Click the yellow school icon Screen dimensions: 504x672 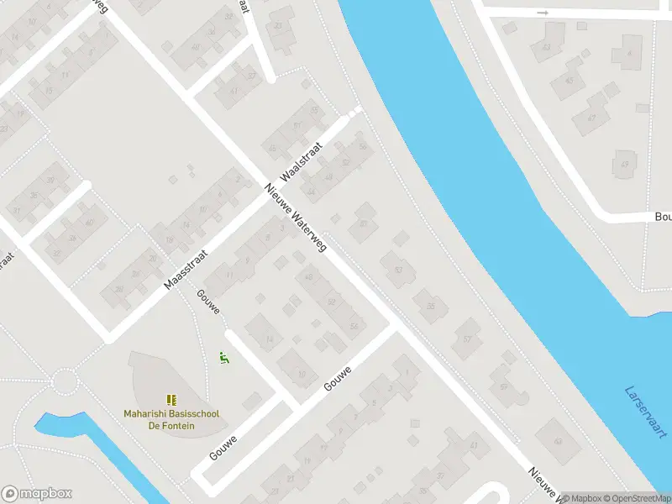171,400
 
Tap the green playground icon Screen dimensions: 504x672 224,358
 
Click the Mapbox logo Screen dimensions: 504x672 36,494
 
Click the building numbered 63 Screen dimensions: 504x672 558,440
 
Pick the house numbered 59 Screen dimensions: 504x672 504,387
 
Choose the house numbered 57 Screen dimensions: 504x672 467,339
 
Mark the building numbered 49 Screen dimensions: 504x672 624,164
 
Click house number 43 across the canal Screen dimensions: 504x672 547,47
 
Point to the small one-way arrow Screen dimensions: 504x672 543,13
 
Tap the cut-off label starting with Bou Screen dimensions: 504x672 663,216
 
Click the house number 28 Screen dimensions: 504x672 154,258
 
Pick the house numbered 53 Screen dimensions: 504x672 398,270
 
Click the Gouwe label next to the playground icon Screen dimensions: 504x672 208,302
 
